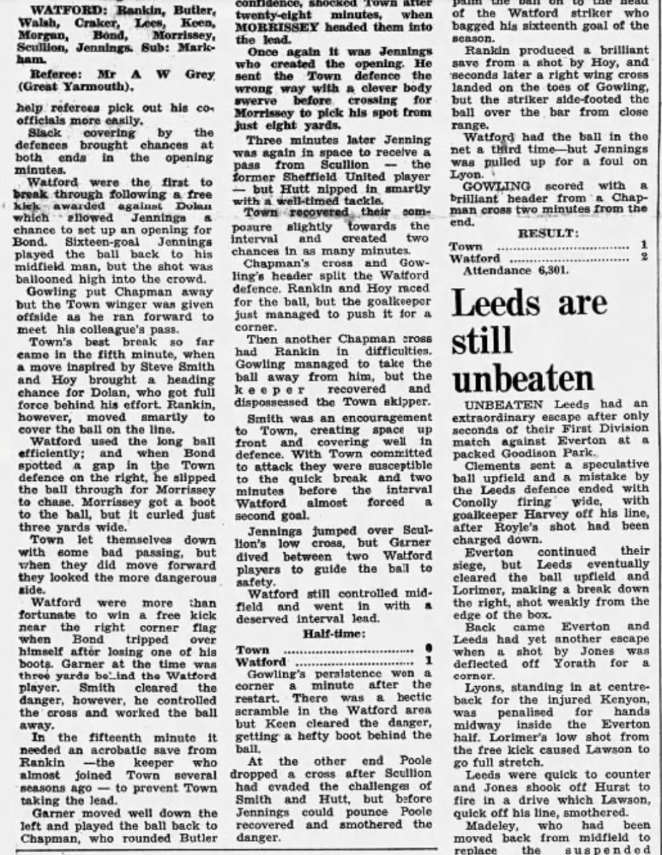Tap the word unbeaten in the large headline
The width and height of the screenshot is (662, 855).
coord(523,380)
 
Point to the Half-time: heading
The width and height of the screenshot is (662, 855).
coord(335,633)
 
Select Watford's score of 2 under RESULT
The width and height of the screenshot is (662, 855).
coord(643,258)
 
